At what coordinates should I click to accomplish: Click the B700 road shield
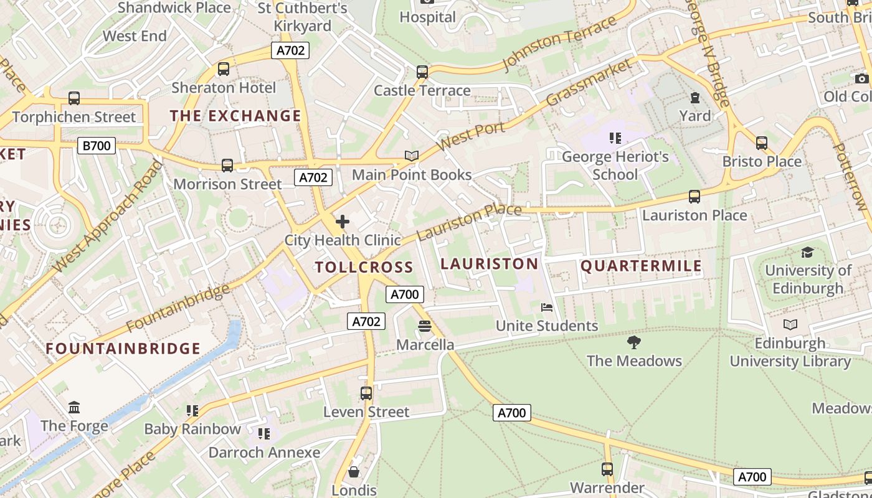click(97, 146)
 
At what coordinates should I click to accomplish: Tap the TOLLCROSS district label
click(364, 268)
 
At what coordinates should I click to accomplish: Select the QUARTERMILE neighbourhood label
click(641, 266)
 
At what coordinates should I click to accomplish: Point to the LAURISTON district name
click(489, 264)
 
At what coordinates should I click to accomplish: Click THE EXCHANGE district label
click(235, 116)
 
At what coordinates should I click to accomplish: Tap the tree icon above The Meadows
click(634, 342)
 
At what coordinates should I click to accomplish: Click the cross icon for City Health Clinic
click(342, 222)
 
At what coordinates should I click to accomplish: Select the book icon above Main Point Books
click(411, 156)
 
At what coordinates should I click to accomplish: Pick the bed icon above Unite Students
click(547, 308)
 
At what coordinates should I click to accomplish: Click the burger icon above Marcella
click(425, 326)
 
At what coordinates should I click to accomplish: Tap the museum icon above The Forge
click(74, 408)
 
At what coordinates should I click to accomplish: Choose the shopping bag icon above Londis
click(354, 472)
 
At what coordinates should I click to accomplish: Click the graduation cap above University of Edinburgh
click(807, 252)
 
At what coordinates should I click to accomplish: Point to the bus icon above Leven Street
click(366, 393)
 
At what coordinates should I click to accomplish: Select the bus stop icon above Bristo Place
click(761, 143)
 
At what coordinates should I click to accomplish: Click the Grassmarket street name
click(589, 83)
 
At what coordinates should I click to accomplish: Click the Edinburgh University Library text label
click(790, 352)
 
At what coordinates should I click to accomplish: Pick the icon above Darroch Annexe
click(264, 433)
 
